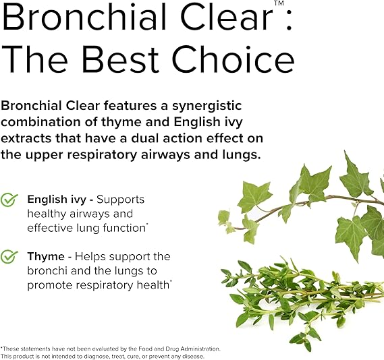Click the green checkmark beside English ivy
click(9, 200)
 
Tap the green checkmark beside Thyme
click(9, 257)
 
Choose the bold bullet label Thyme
click(45, 256)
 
